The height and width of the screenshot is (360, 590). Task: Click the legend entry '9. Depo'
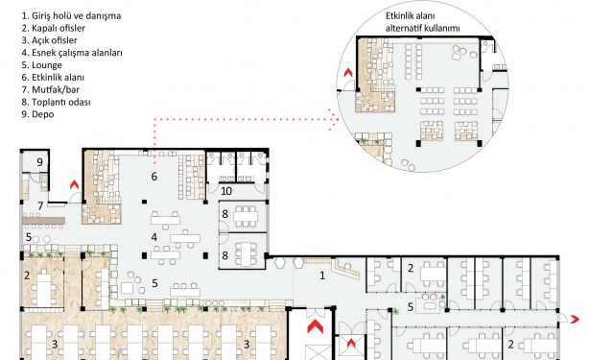point(37,114)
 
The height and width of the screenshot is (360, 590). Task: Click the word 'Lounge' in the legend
point(47,65)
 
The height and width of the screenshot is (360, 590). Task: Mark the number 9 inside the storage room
point(39,162)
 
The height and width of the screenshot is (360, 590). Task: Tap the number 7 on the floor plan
point(40,206)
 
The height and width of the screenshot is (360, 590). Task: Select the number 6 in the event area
point(153,177)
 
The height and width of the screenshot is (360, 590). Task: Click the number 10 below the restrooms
point(226,191)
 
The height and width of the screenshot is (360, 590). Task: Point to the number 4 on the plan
point(153,237)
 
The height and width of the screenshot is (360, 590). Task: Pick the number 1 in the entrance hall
point(322,276)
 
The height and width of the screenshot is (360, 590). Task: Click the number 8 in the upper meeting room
point(224,214)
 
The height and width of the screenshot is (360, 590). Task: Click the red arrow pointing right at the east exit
point(575,320)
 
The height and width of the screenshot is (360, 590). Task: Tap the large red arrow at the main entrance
point(315,326)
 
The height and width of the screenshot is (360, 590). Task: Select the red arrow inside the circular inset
point(348,72)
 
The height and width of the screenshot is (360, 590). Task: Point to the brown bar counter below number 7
point(43,221)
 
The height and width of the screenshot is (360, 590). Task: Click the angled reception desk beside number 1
point(346,269)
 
